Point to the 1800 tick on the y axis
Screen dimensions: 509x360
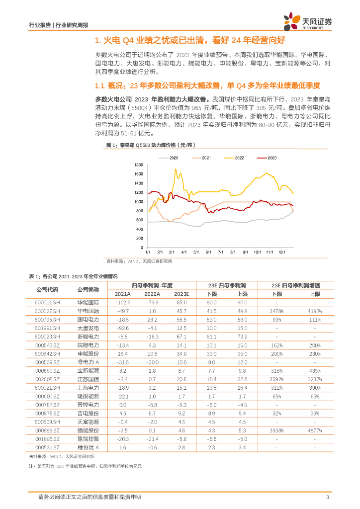click(139, 165)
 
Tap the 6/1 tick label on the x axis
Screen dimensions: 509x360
click(208, 253)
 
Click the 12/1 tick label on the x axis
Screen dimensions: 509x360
click(281, 253)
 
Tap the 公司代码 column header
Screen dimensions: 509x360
click(47, 289)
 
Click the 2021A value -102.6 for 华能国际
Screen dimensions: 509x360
click(122, 302)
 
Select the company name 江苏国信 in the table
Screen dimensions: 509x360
click(88, 379)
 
